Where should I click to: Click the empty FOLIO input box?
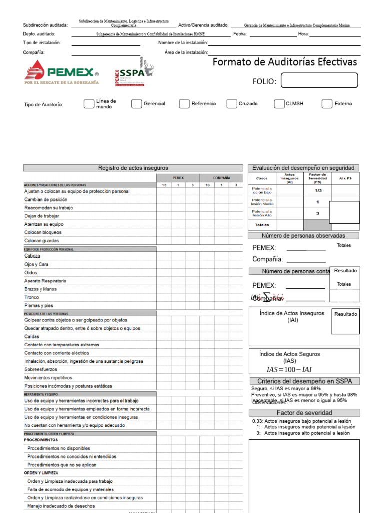tap(319, 81)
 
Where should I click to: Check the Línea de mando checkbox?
tap(89, 104)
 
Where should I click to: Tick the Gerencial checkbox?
tap(136, 104)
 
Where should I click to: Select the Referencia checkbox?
tap(184, 104)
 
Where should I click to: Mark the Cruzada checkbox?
tap(231, 104)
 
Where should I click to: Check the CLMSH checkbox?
tap(279, 104)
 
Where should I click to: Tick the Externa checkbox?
tap(327, 104)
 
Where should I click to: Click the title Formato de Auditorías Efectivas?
tap(285, 62)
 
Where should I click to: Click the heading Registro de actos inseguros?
tap(133, 168)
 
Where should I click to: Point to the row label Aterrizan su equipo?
tap(44, 224)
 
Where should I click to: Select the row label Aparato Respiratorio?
tap(45, 281)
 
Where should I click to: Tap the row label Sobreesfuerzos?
tap(41, 369)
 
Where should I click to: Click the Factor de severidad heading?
tap(304, 413)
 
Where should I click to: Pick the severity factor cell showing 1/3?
tap(318, 190)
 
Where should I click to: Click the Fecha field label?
tap(240, 34)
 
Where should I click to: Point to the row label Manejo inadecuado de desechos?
tap(61, 506)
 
